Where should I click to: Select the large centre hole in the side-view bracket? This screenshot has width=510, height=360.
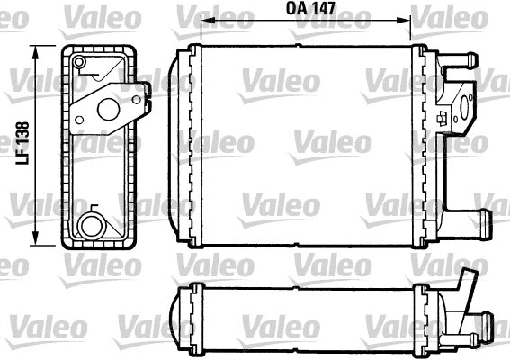point(110,110)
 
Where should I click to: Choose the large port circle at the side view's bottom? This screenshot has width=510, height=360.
point(90,225)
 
